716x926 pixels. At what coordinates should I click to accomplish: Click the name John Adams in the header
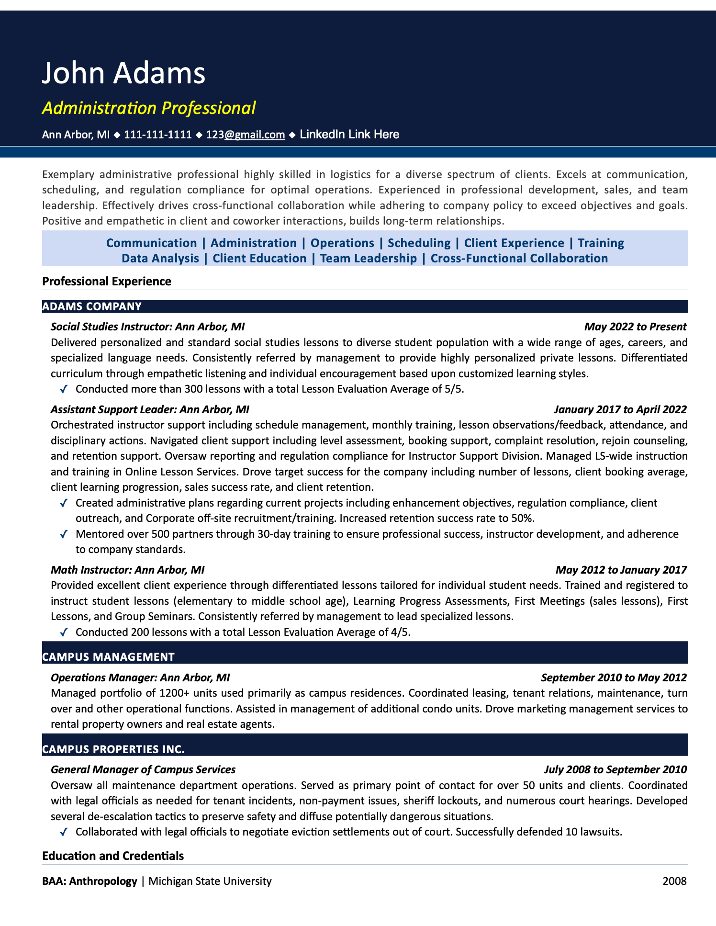(123, 73)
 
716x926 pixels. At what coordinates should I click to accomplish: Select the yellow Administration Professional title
(149, 108)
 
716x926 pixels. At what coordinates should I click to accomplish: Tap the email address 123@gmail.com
(246, 135)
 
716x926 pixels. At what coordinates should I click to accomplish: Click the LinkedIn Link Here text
(349, 135)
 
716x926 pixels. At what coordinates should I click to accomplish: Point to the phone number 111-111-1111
(158, 135)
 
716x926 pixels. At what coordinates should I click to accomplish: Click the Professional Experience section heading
(107, 281)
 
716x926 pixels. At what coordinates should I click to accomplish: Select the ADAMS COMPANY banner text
(92, 306)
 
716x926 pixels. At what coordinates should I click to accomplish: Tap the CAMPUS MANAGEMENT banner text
(108, 657)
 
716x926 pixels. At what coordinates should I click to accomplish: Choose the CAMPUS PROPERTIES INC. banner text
(113, 749)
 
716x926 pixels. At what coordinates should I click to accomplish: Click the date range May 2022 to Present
(635, 327)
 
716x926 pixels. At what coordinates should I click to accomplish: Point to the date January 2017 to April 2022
(620, 409)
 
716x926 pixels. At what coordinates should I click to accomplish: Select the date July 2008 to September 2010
(615, 769)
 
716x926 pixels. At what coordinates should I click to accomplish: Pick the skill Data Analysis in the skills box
(160, 259)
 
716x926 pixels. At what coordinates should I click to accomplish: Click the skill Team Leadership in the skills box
(369, 259)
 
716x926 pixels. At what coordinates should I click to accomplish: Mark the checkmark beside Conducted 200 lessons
(64, 632)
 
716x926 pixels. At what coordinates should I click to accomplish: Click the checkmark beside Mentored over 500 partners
(64, 534)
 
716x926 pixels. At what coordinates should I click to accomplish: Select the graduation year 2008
(674, 881)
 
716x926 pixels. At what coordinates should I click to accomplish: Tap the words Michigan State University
(210, 881)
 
